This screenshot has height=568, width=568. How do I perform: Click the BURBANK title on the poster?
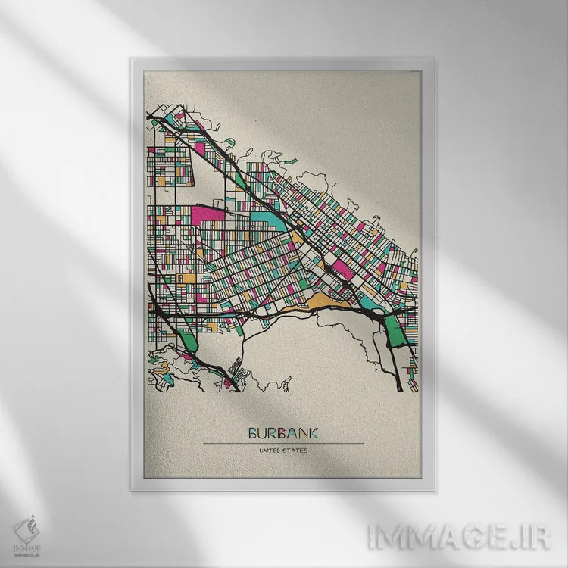pos(283,433)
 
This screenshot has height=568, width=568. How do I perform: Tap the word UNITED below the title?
pos(270,451)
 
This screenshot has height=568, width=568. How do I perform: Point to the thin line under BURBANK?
pos(283,443)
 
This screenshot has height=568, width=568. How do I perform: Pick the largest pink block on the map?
pos(210,214)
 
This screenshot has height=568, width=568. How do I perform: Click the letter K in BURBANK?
pos(313,433)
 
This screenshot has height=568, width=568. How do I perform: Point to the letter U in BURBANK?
pos(263,433)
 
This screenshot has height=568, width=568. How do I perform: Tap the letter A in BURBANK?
pos(292,433)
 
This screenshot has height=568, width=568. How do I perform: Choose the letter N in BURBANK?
pos(302,433)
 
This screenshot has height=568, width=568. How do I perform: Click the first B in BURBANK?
pos(253,433)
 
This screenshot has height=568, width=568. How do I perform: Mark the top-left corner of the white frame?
pos(132,58)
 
